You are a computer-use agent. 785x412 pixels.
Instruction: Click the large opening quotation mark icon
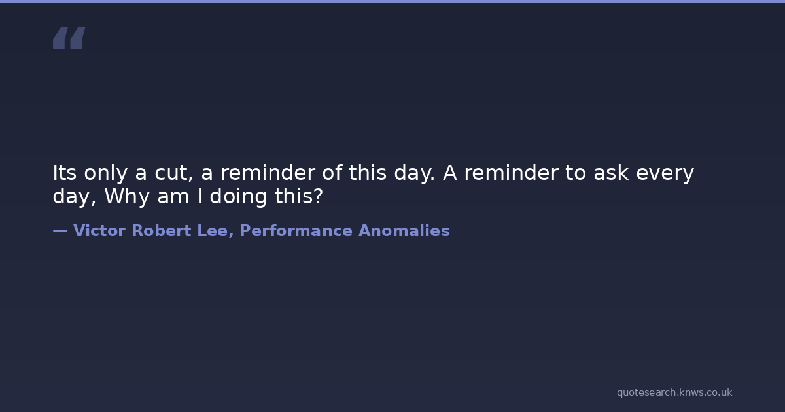point(69,38)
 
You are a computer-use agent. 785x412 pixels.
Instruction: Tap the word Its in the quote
point(65,173)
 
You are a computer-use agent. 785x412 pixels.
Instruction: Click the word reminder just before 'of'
point(268,173)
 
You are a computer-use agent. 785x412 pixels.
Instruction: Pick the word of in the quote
point(332,173)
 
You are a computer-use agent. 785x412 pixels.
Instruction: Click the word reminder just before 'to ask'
point(511,173)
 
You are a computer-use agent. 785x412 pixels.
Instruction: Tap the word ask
point(611,173)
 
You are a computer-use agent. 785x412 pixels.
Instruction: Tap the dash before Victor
point(60,231)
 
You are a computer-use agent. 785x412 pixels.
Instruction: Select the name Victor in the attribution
point(99,230)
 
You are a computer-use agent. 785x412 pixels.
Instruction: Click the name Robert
point(161,230)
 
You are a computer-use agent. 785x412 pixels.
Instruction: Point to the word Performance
point(296,230)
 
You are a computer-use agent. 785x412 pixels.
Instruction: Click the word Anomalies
point(404,230)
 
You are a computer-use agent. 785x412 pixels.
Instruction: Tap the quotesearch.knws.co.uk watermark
point(674,392)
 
